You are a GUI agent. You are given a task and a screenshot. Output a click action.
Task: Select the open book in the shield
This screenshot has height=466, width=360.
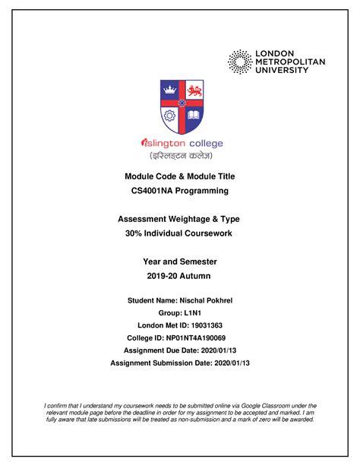tap(193, 115)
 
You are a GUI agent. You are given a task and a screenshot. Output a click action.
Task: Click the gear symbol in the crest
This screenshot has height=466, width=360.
tap(169, 115)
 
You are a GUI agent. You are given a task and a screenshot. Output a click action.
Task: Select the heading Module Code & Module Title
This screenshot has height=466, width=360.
tap(180, 176)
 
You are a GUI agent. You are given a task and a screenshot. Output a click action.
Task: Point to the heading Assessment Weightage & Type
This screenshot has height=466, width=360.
tap(179, 219)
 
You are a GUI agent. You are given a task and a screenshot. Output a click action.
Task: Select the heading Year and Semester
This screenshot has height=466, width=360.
tap(180, 262)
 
